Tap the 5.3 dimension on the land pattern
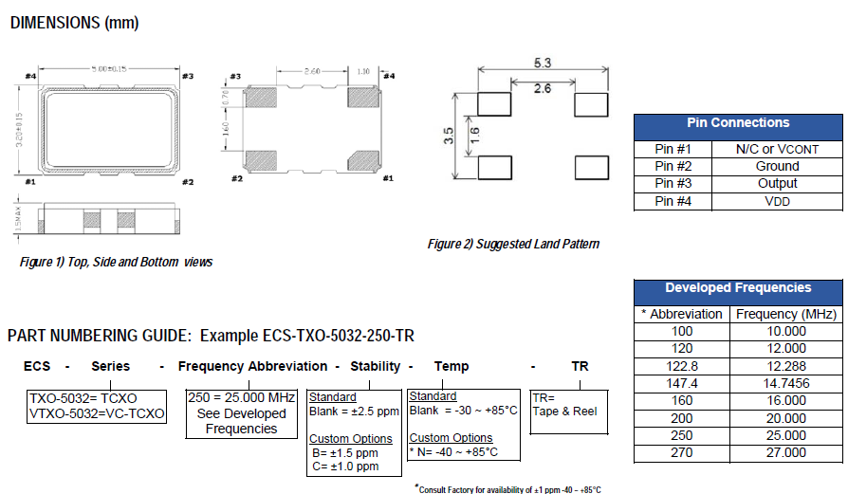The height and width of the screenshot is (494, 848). [542, 64]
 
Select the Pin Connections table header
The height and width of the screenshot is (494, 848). [738, 123]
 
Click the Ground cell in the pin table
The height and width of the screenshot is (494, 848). [777, 166]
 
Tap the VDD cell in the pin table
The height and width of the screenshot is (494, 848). [777, 201]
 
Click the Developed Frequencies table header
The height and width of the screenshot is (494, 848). [738, 288]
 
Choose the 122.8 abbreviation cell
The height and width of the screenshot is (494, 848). [682, 366]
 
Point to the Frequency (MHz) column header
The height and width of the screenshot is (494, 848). [784, 314]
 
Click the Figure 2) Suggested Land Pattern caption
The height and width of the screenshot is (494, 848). [513, 245]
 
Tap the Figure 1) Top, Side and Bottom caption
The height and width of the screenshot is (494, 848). [116, 263]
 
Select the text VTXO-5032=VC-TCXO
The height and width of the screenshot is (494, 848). [97, 414]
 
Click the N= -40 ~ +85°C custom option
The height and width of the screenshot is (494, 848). [455, 452]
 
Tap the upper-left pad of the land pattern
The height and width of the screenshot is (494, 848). [492, 104]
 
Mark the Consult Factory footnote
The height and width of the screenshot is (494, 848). [508, 488]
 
